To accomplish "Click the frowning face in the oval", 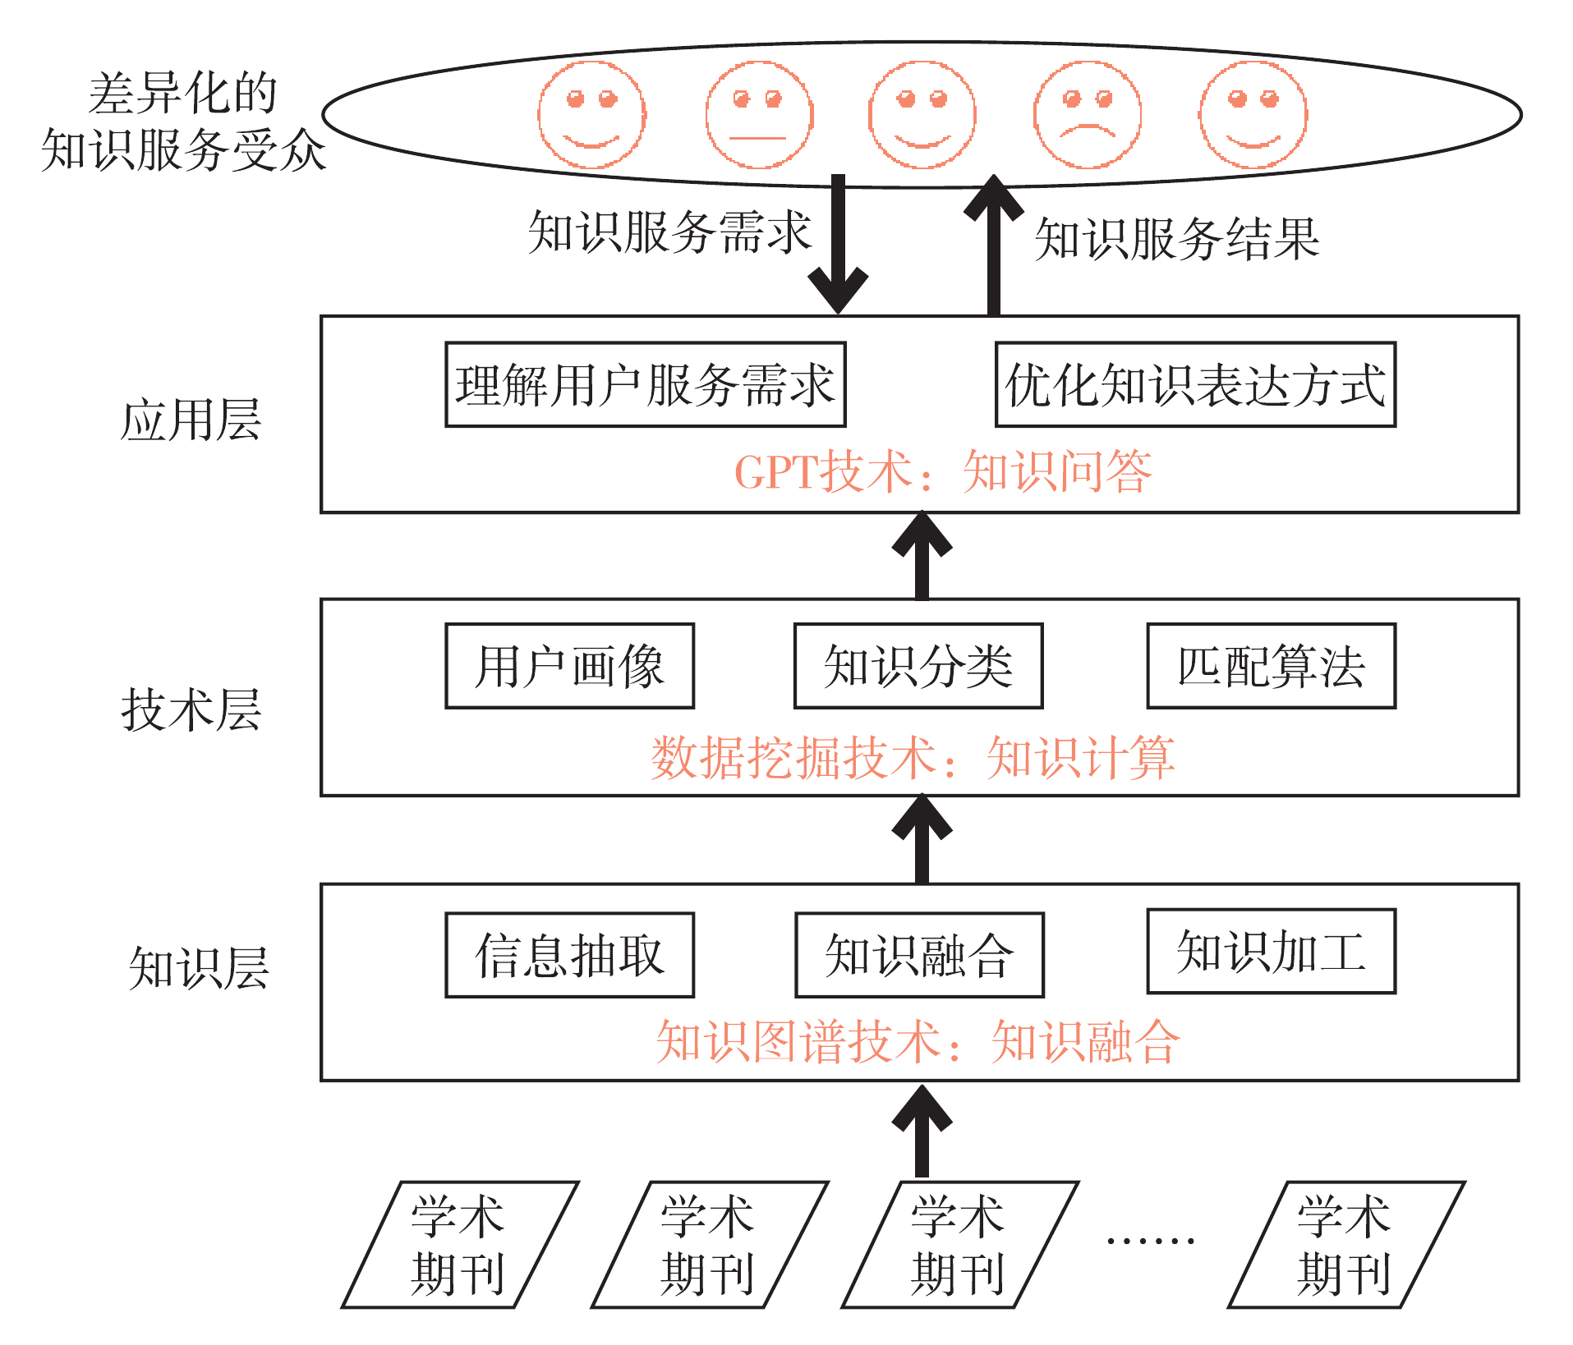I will tap(1087, 115).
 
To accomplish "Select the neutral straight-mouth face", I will tap(759, 115).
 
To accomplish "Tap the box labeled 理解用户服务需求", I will tap(645, 384).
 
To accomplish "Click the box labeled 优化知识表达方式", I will tap(1195, 384).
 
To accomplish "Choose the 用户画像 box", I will tap(569, 666).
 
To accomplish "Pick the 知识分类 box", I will tap(918, 666).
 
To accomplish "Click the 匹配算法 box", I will tap(1271, 666).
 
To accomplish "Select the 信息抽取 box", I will tap(569, 955).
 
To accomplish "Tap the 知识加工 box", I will tap(1271, 951).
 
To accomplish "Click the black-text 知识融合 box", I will tap(919, 955).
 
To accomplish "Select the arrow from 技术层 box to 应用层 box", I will tap(922, 556).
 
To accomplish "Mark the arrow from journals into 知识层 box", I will tap(922, 1131).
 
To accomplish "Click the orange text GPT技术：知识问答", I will tap(943, 472).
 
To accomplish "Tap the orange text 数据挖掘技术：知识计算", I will tap(913, 757).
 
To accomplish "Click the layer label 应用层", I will tap(191, 420).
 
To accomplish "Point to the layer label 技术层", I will tap(191, 709).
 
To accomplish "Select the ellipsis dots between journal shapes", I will tap(1150, 1240).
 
